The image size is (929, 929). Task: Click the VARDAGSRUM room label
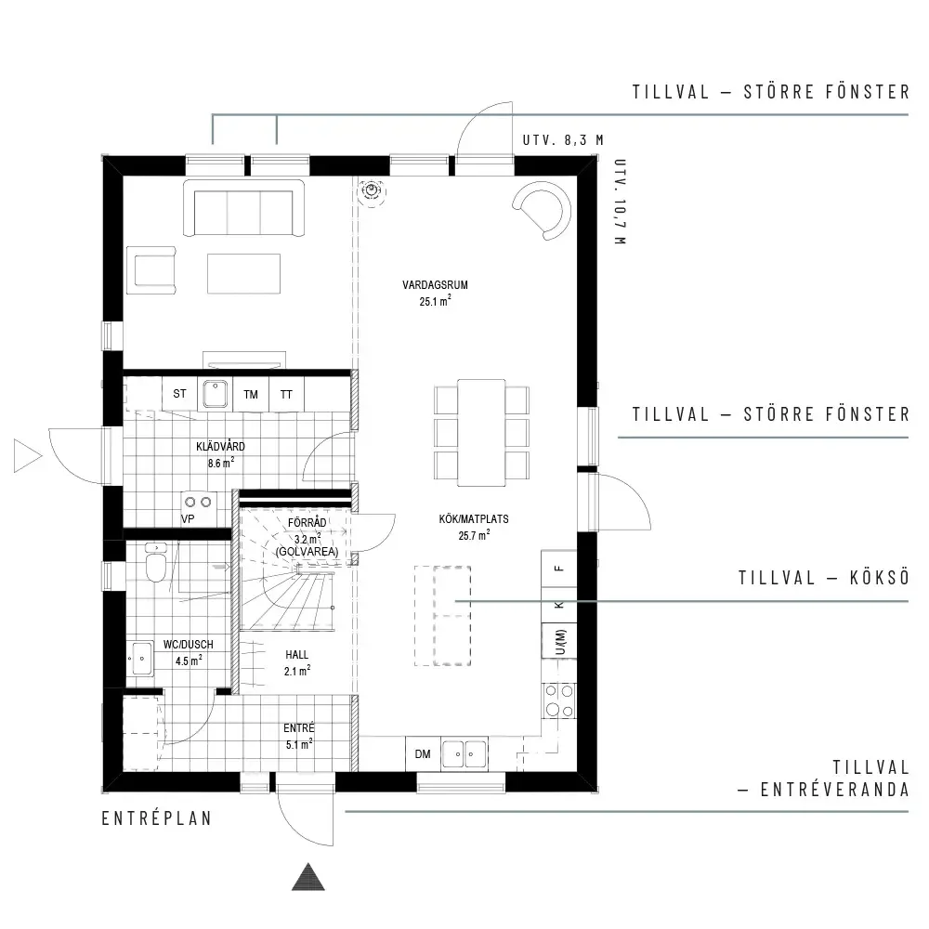point(435,285)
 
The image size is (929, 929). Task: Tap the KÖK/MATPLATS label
point(474,519)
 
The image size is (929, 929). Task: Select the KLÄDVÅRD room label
point(220,447)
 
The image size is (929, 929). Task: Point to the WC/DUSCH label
point(188,645)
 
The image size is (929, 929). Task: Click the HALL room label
point(297,655)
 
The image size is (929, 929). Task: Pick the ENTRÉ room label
point(298,728)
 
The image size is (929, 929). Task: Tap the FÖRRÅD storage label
point(307,523)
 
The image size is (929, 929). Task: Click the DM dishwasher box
point(423,753)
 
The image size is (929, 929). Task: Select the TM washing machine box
point(251,394)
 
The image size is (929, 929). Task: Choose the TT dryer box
point(287,394)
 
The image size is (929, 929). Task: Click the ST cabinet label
point(179,393)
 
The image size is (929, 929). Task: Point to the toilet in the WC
point(156,564)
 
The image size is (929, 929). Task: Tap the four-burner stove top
point(559,700)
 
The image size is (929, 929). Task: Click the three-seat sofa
point(243,208)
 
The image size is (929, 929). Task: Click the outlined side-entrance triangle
point(28,456)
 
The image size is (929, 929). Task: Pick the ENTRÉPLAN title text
point(157,818)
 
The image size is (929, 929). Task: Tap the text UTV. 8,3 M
point(563,140)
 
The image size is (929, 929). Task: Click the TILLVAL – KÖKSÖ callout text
point(823,578)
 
